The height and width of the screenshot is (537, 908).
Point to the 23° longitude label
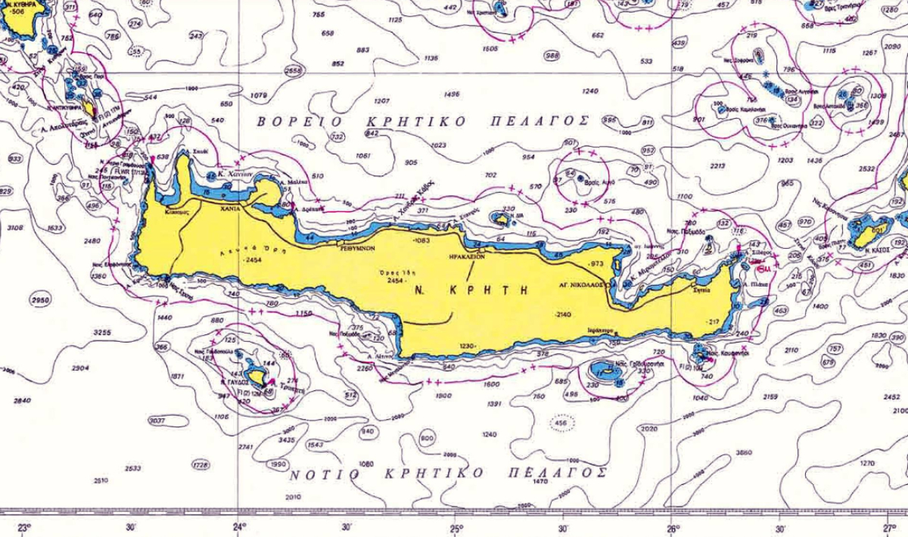(x=23, y=527)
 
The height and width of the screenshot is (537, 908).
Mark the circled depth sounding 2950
(x=41, y=301)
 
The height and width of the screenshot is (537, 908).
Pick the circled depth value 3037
(x=157, y=421)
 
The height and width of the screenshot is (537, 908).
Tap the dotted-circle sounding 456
(x=561, y=423)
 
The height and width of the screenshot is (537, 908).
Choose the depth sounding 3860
(x=744, y=452)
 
